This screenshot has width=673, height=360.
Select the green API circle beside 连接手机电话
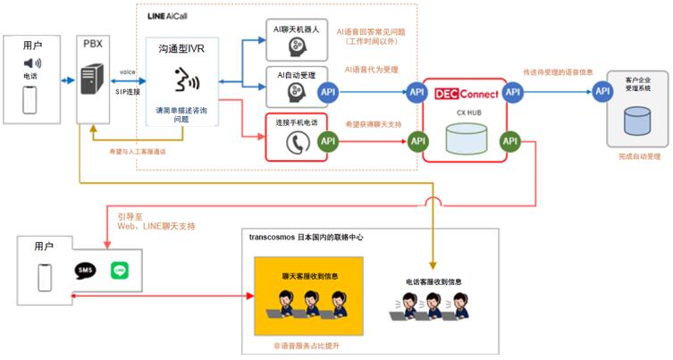(x=327, y=140)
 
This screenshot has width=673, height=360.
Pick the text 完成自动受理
(x=637, y=156)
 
